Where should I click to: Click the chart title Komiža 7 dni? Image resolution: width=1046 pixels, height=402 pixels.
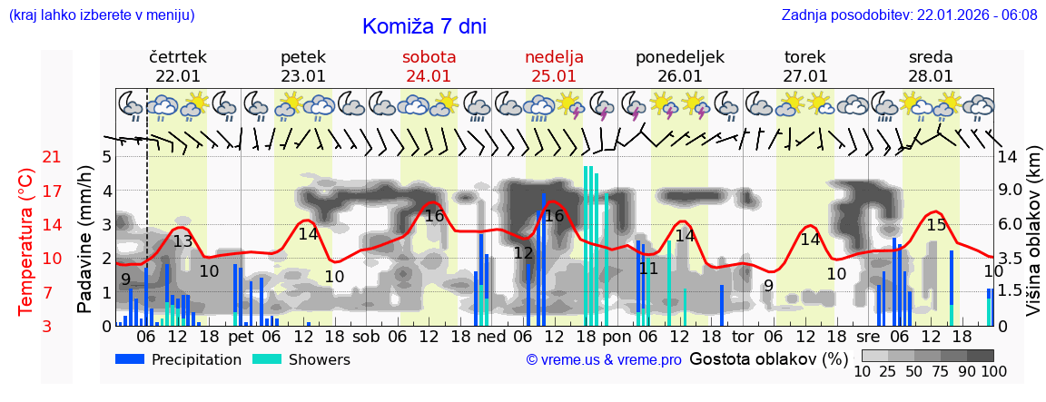coord(424,26)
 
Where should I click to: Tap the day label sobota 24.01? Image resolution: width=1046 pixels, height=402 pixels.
coord(429,66)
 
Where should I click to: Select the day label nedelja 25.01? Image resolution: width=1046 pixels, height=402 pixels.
coord(554,66)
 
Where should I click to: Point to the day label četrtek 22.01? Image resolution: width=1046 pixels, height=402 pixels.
coord(178,66)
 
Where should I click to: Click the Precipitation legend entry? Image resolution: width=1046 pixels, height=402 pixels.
coord(179,359)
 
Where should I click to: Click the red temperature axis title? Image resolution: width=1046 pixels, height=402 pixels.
coord(25,241)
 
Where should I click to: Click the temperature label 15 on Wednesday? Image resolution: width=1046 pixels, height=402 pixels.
coord(935,225)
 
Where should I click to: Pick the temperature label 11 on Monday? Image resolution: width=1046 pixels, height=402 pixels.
coord(647,269)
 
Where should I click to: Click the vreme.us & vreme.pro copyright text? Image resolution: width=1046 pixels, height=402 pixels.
coord(604,359)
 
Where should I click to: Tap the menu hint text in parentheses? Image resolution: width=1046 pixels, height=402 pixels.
coord(101,15)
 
